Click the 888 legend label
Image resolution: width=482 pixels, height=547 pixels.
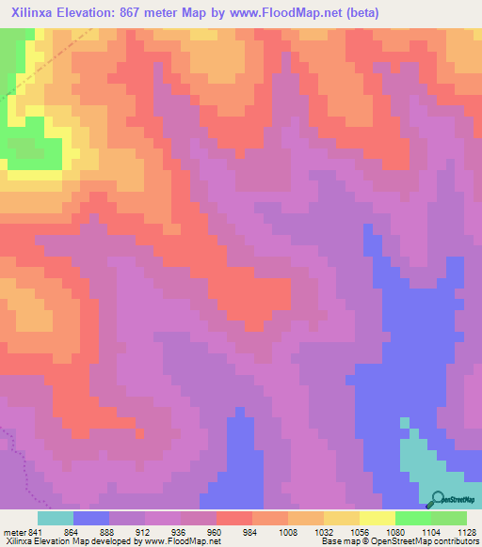(x=109, y=530)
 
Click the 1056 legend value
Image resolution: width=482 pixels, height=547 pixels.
(x=360, y=530)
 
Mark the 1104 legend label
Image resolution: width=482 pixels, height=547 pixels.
(x=431, y=530)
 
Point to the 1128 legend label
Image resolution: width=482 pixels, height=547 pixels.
(x=465, y=530)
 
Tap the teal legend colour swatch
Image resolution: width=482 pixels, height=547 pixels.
(x=56, y=518)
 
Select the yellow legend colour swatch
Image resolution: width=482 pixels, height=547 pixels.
(x=377, y=518)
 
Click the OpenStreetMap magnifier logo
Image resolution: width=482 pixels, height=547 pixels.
(x=436, y=500)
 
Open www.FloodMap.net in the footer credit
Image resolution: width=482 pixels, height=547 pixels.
(x=183, y=541)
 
